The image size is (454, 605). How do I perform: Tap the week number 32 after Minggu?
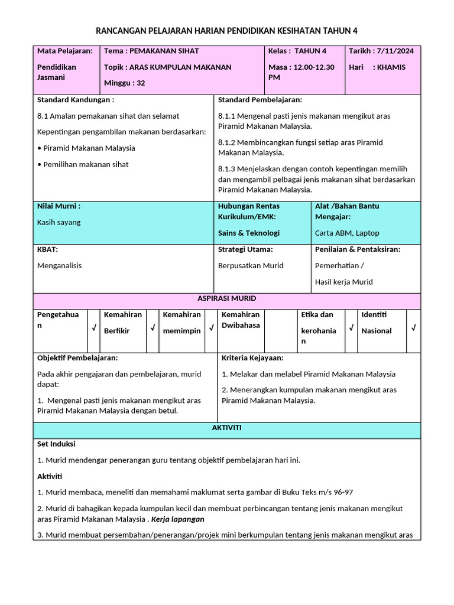141,83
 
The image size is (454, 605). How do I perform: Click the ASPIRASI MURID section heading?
227,299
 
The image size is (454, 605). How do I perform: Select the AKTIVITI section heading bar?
227,428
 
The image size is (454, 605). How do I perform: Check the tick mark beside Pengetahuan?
93,327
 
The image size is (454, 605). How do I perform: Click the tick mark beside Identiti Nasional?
413,327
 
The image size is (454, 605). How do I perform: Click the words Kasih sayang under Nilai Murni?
59,223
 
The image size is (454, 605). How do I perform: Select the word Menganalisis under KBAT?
60,266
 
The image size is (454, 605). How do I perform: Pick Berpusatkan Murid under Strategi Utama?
251,266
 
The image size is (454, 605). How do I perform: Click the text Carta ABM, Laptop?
347,233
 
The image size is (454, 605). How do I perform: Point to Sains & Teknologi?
249,233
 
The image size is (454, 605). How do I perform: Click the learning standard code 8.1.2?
227,143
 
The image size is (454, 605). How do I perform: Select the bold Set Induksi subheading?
56,444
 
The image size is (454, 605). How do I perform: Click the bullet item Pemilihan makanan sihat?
86,165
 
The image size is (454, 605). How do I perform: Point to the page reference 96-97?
342,493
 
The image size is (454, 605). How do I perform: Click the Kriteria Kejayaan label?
252,358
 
